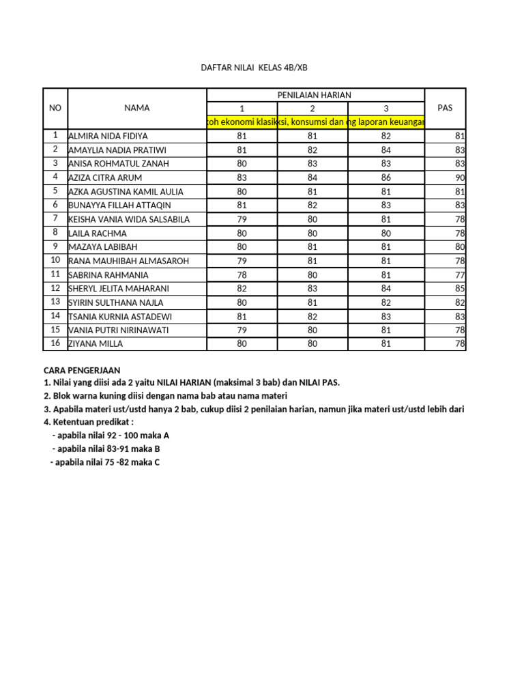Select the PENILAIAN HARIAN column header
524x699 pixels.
(314, 95)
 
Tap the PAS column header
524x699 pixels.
(445, 108)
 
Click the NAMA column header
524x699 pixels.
(137, 108)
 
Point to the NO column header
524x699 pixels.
(55, 108)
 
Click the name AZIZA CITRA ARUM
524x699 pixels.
(106, 177)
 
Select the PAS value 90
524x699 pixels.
(459, 177)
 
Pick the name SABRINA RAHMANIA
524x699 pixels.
(108, 275)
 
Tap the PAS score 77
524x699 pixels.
(459, 275)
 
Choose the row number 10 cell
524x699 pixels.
(55, 261)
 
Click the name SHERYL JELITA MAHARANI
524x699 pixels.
(119, 289)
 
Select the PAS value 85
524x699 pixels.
(459, 289)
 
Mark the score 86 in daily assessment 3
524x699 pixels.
(386, 177)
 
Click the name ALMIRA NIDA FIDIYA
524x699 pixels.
(108, 136)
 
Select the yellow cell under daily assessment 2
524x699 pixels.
(312, 122)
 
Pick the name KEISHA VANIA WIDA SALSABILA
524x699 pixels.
(129, 219)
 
